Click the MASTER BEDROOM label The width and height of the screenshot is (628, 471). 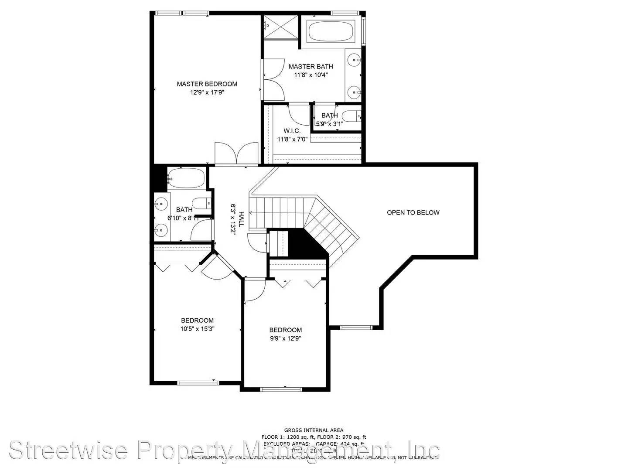(207, 84)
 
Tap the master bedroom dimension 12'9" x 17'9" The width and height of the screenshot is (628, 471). (207, 92)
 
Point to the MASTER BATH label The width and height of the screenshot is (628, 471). (311, 66)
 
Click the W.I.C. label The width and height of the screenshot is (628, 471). (292, 131)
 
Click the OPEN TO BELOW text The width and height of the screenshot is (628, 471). (413, 212)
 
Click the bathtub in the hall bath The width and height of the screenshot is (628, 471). (186, 179)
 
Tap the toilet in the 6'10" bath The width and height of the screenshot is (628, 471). (201, 204)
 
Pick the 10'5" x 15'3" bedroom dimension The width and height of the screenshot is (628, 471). (197, 329)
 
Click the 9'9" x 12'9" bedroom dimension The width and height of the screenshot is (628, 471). (285, 338)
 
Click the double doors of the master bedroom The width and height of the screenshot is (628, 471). (236, 154)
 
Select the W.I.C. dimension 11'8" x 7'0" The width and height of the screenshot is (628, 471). (292, 140)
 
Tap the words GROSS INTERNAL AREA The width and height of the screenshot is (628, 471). (314, 430)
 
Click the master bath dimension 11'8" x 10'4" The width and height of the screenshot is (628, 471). (311, 75)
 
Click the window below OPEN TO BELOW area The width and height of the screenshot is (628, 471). (356, 327)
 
